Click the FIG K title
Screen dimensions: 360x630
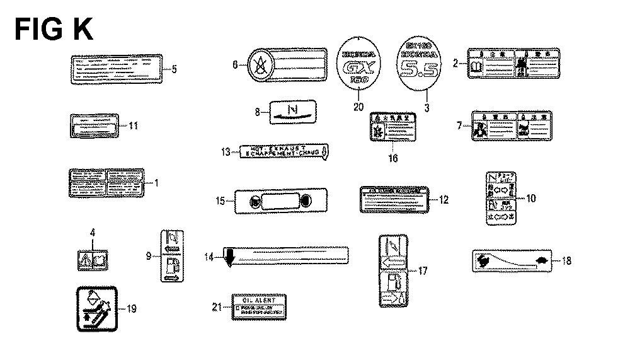tap(54, 29)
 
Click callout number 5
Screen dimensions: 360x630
tap(175, 69)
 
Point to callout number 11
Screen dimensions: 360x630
tap(134, 125)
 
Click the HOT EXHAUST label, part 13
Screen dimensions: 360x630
tap(282, 151)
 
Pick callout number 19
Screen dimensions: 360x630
tap(131, 309)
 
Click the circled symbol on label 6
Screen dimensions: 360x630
tap(257, 64)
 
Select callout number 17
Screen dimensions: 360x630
tap(422, 271)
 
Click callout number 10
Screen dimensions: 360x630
tap(530, 198)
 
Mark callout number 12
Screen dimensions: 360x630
tap(444, 200)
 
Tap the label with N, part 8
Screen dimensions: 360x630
tap(292, 112)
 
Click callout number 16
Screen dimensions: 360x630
tap(392, 158)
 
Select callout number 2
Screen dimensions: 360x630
tap(455, 64)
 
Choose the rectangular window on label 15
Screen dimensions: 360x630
tap(278, 202)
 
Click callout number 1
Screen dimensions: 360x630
tap(156, 183)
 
